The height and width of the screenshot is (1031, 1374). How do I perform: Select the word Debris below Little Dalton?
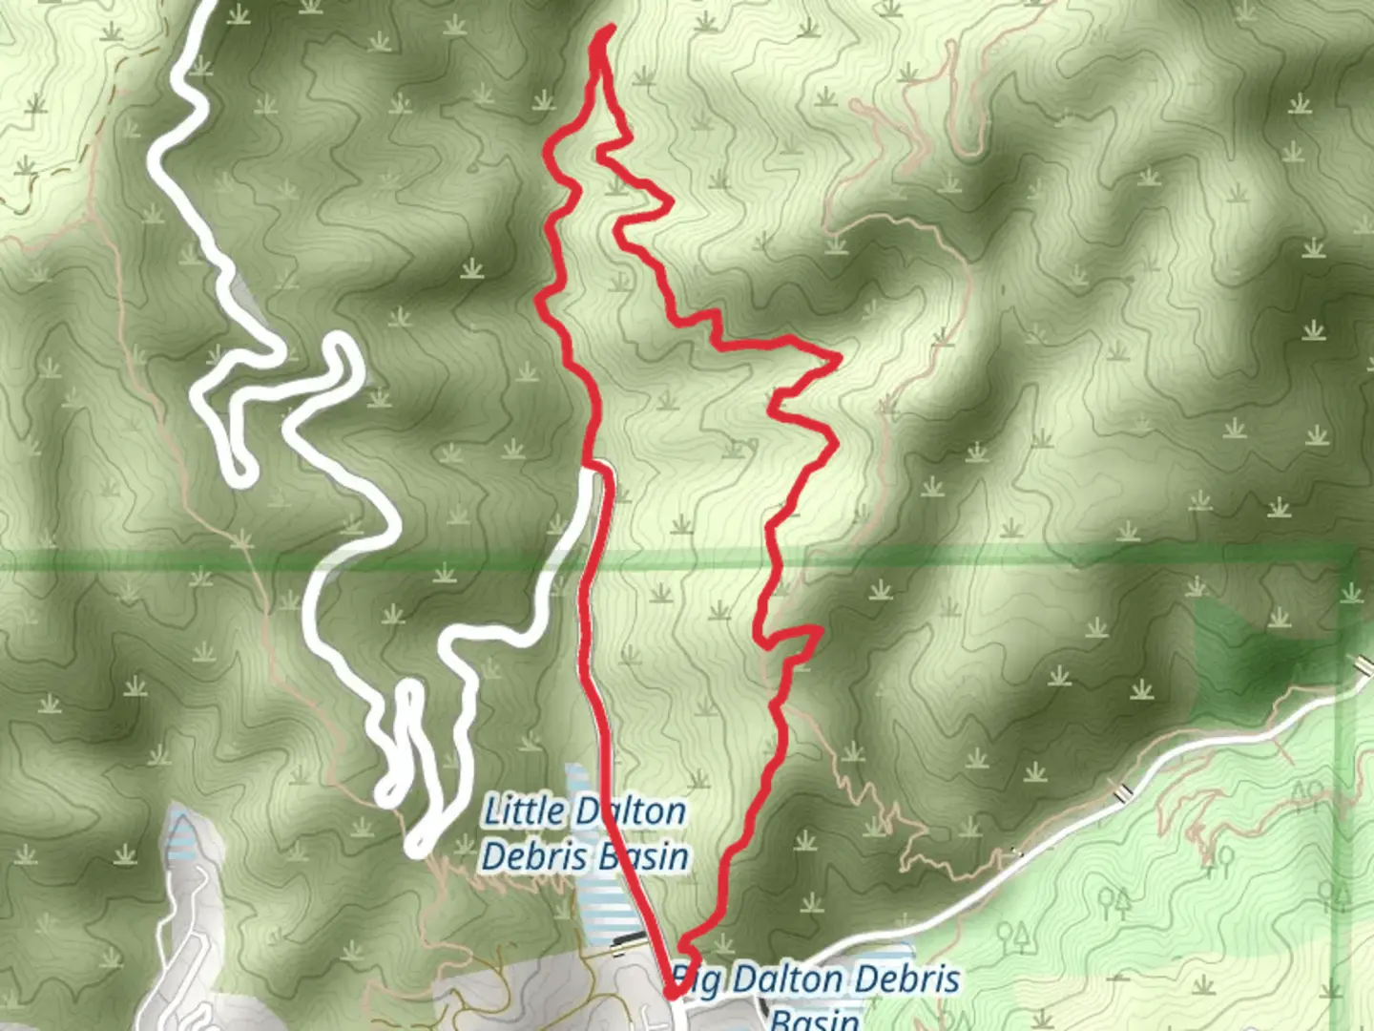(522, 856)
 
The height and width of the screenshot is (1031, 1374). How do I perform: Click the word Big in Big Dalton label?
(695, 978)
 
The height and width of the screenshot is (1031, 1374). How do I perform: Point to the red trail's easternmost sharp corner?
(838, 359)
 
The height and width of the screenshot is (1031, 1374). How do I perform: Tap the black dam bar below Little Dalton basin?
(627, 939)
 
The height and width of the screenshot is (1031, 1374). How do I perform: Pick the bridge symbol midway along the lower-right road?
(1124, 790)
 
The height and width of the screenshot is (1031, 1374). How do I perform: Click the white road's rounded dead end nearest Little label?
(417, 844)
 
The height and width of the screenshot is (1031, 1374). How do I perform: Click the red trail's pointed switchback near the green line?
(818, 630)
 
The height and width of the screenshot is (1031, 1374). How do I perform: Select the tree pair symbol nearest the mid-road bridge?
(1113, 900)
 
